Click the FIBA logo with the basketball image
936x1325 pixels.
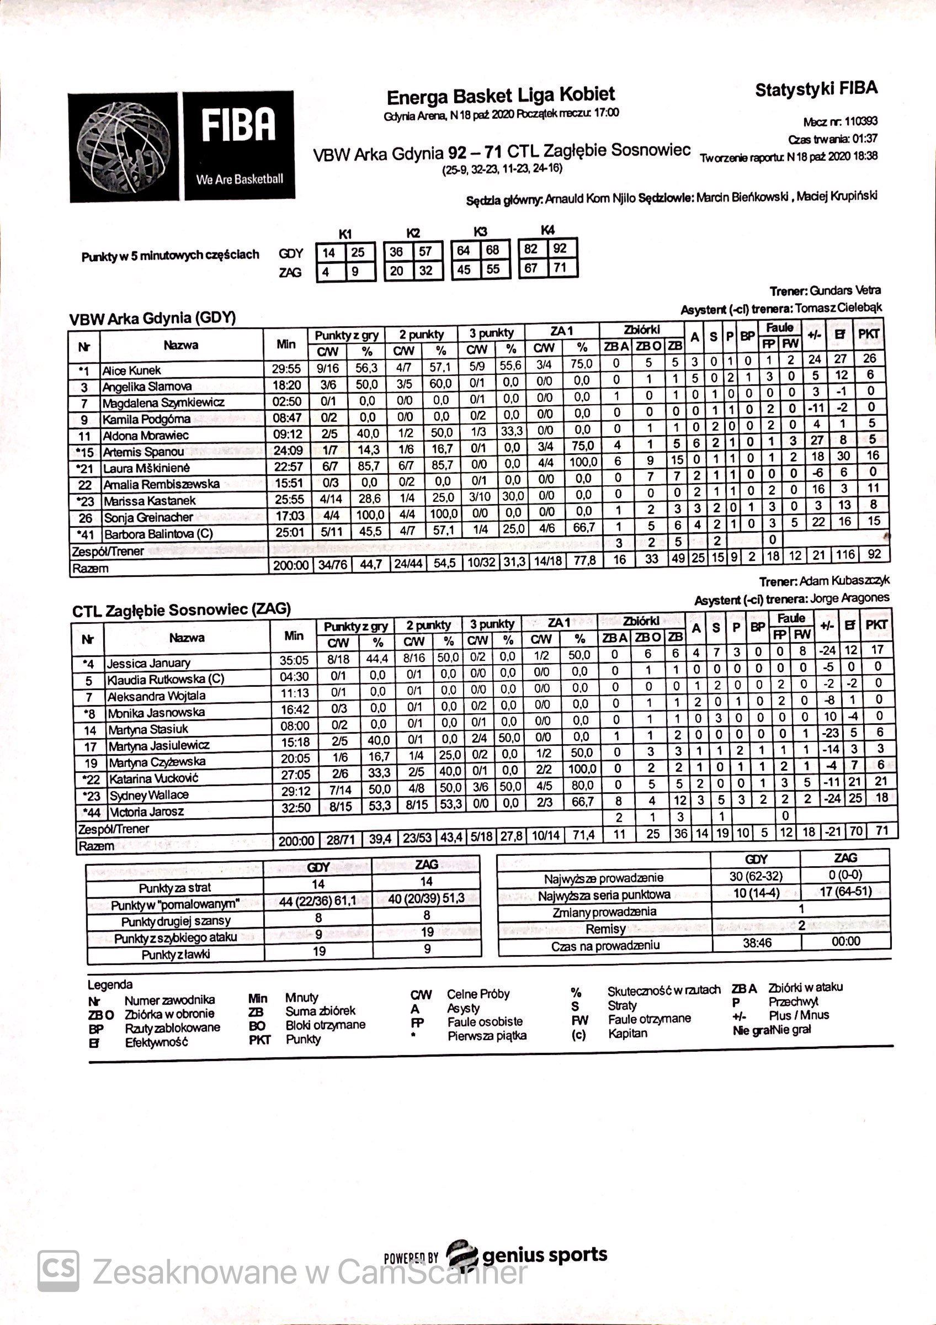(x=182, y=147)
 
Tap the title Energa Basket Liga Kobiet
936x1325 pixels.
(x=501, y=95)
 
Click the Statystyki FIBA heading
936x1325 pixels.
(x=816, y=89)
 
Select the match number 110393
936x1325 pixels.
(x=861, y=121)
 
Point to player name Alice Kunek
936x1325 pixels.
(x=131, y=370)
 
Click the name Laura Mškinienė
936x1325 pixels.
(x=146, y=468)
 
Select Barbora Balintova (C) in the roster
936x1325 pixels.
(x=158, y=534)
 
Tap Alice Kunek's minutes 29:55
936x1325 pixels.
(x=286, y=369)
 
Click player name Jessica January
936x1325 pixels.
(x=148, y=663)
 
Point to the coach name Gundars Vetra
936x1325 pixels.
(x=845, y=290)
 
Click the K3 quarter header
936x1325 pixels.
(x=480, y=232)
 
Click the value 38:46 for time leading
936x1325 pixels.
(x=757, y=943)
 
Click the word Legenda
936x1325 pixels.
(x=110, y=984)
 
